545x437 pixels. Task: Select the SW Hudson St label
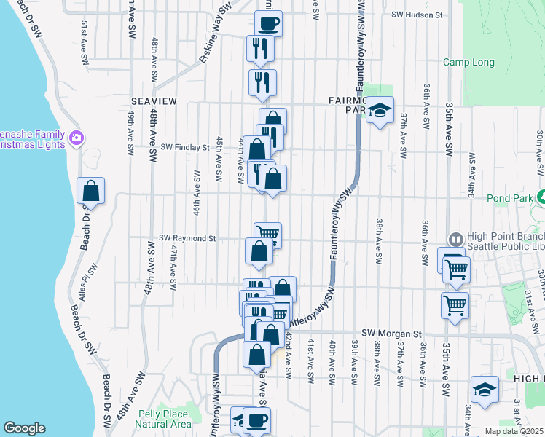pyautogui.click(x=417, y=14)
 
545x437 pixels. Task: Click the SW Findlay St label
pyautogui.click(x=185, y=147)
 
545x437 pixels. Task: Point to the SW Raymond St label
pyautogui.click(x=188, y=238)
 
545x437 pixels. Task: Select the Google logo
pyautogui.click(x=24, y=428)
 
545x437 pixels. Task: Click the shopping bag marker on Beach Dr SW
pyautogui.click(x=91, y=191)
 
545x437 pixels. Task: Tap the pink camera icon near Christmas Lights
pyautogui.click(x=77, y=137)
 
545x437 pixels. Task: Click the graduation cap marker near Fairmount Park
pyautogui.click(x=379, y=110)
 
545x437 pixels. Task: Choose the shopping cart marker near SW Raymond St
pyautogui.click(x=267, y=234)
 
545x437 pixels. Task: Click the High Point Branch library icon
pyautogui.click(x=455, y=239)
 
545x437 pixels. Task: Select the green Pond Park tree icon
pyautogui.click(x=541, y=197)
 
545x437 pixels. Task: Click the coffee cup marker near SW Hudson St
pyautogui.click(x=268, y=23)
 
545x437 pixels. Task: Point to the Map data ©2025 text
pyautogui.click(x=514, y=431)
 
